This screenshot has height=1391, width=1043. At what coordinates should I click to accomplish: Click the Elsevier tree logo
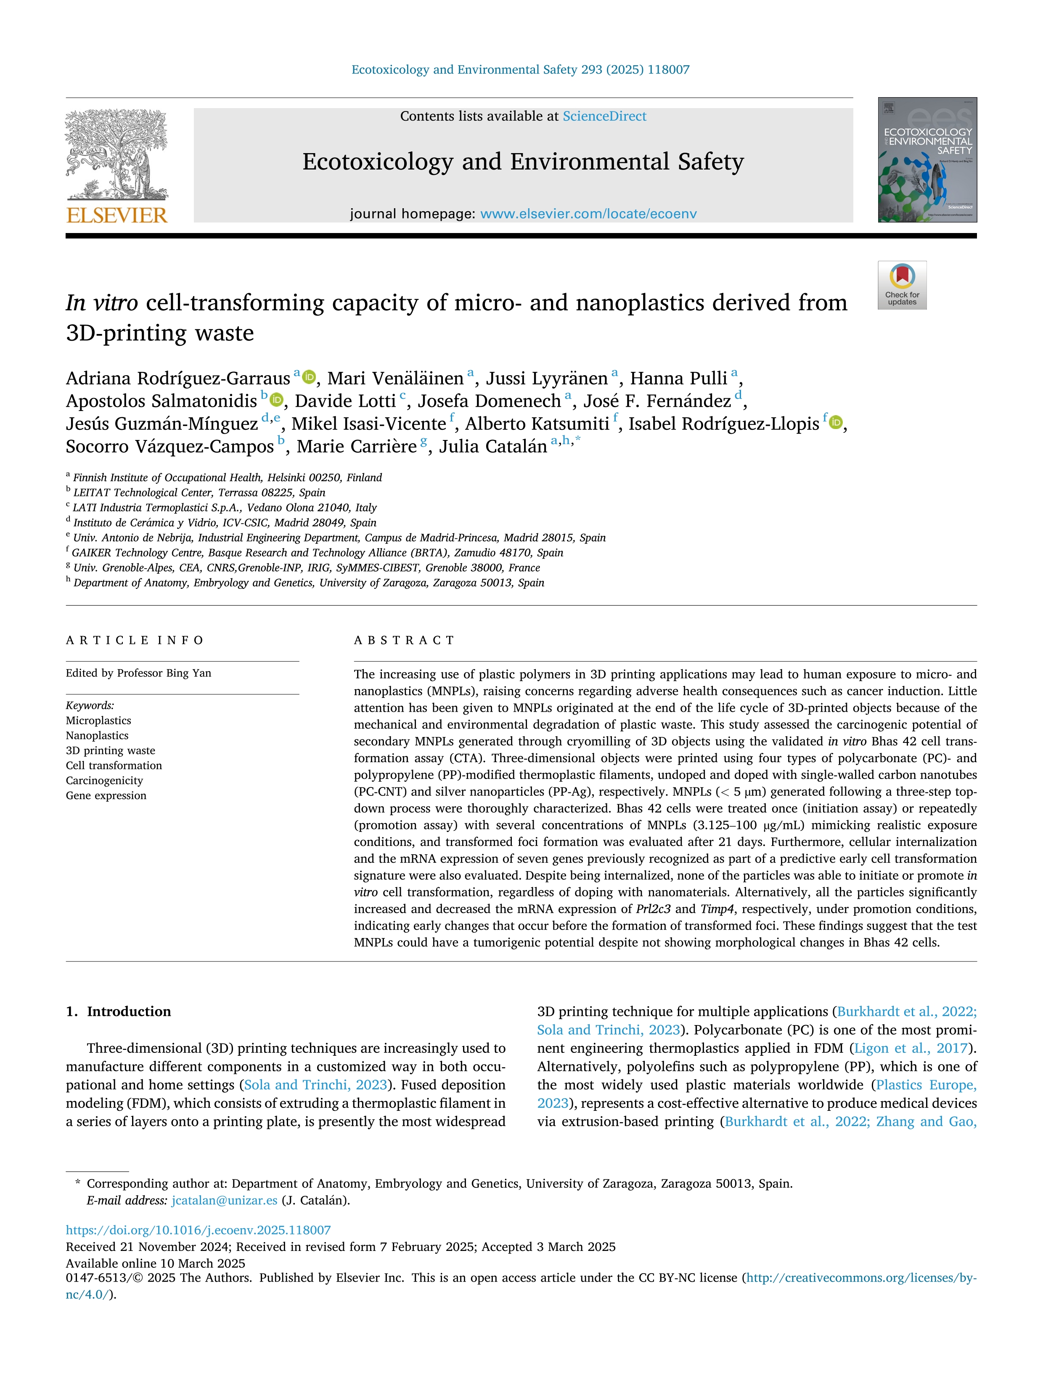click(116, 154)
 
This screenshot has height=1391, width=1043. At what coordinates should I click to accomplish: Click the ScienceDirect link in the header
click(604, 117)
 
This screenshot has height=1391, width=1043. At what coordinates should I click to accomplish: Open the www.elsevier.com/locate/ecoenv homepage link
click(588, 214)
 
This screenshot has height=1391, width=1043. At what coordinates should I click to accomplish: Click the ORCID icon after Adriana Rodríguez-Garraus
click(309, 377)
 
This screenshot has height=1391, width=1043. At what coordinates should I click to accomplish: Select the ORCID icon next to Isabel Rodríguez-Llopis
click(836, 423)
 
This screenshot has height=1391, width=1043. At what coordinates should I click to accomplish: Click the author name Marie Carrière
click(357, 446)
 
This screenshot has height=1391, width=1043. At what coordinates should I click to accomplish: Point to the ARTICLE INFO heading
click(135, 640)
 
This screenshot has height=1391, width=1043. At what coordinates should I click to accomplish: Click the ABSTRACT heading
click(404, 640)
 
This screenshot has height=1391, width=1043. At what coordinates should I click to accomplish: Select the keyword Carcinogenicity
click(104, 780)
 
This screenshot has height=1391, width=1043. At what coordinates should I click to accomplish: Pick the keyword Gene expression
click(106, 795)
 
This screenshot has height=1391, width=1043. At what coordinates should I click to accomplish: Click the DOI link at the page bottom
click(198, 1230)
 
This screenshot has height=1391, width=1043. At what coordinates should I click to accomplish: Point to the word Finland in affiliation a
click(364, 478)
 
